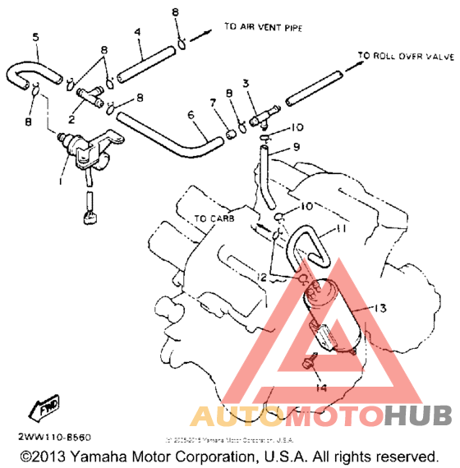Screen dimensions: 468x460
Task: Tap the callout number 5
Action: point(35,37)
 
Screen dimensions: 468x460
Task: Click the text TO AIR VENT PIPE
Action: point(263,28)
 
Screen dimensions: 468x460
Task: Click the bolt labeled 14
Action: point(311,362)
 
